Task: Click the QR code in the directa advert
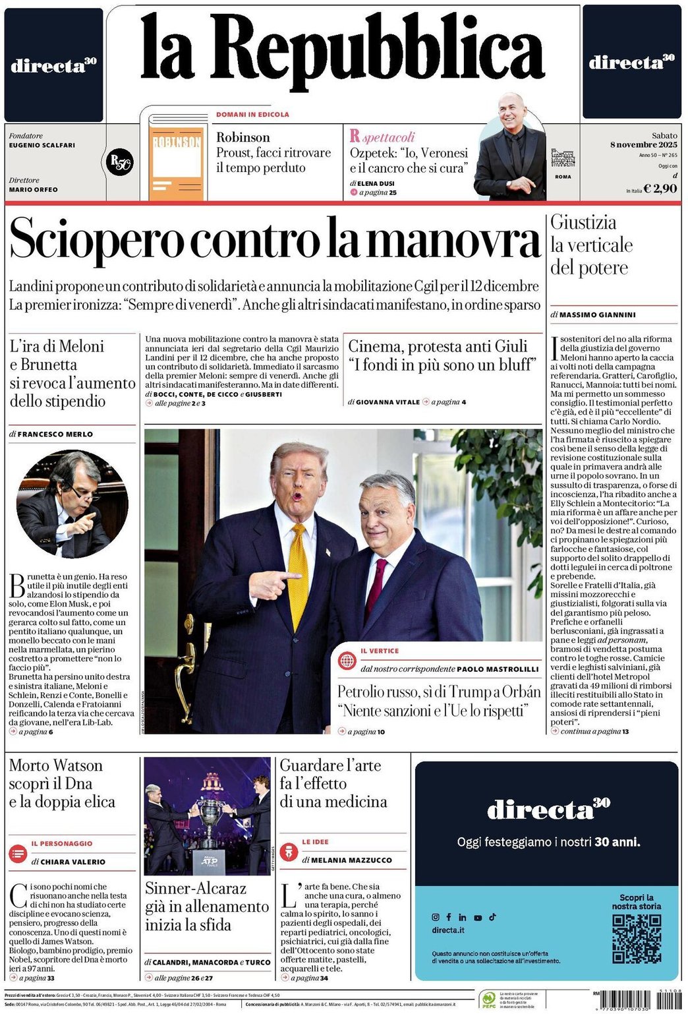point(636,938)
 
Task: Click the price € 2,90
point(660,189)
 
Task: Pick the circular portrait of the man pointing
point(72,504)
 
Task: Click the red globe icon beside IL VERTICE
point(347,660)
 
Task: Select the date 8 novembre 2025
point(643,145)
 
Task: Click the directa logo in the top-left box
point(53,65)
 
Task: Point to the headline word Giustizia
point(583,223)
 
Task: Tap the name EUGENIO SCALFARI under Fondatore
point(42,145)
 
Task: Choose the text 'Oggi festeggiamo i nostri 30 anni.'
point(548,842)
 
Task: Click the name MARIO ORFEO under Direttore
point(33,190)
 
